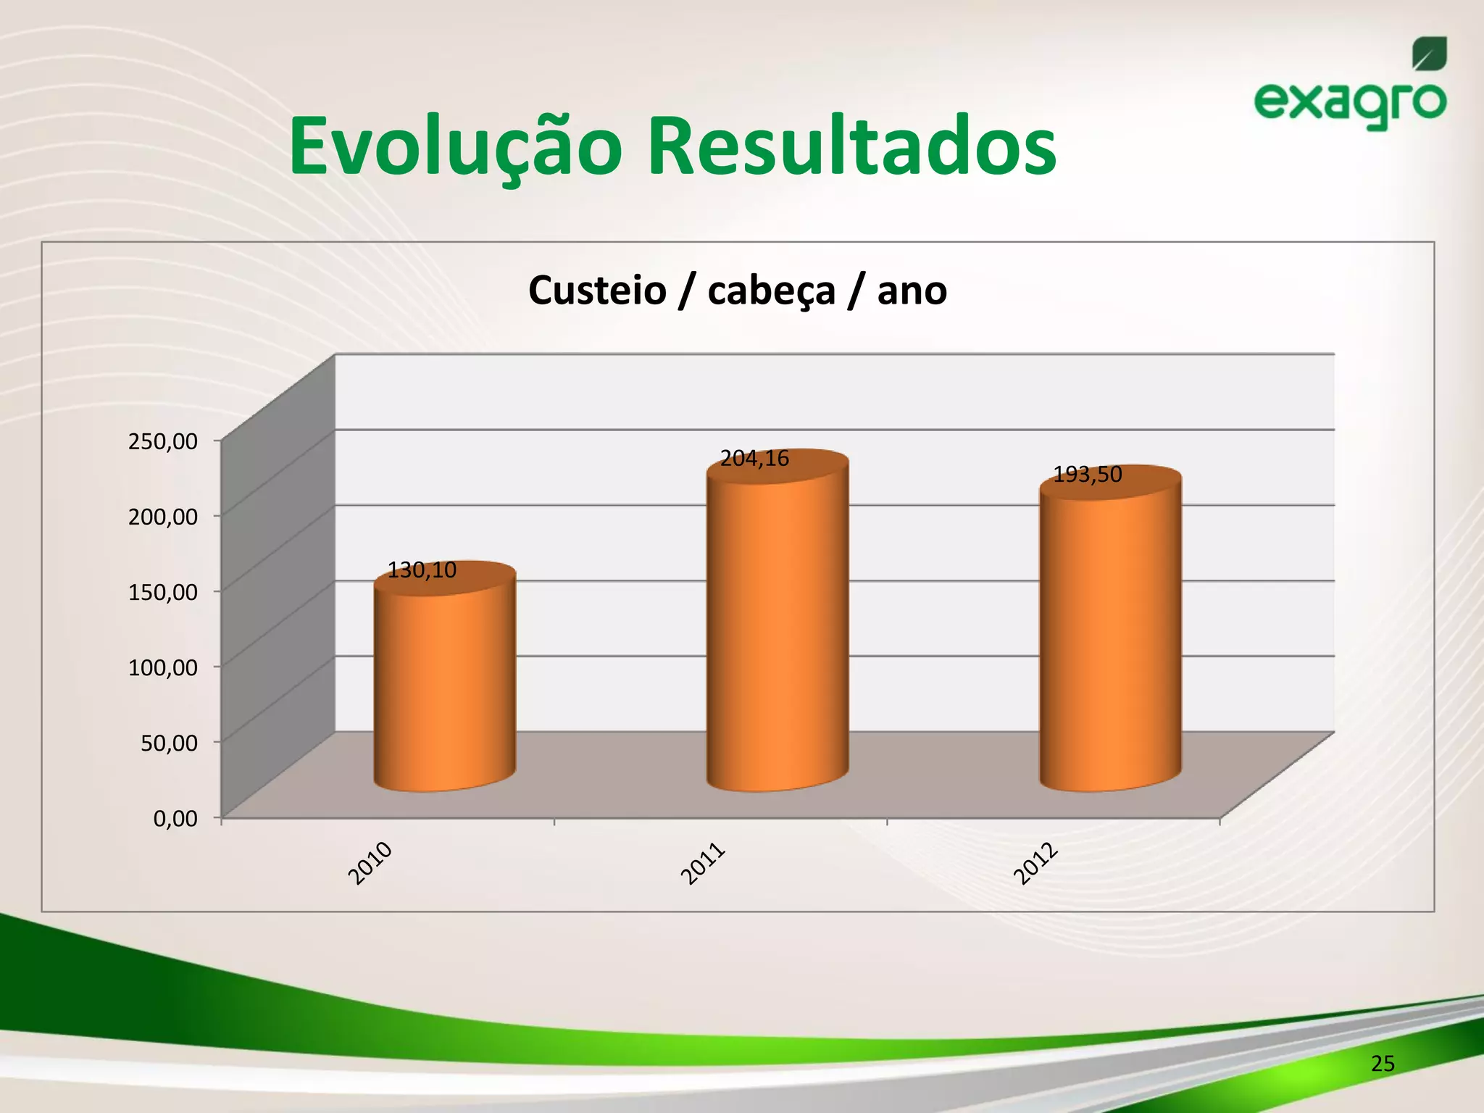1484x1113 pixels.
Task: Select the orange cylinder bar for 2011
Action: tap(778, 630)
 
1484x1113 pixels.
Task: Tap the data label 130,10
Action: tap(422, 570)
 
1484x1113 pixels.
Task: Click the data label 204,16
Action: tap(754, 459)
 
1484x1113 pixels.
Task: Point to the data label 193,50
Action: tap(1087, 475)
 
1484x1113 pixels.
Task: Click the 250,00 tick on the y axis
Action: tap(163, 441)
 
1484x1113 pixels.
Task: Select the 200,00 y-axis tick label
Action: tap(163, 517)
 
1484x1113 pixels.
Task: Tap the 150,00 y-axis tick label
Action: tap(163, 592)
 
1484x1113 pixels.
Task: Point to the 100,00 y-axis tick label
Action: tap(163, 667)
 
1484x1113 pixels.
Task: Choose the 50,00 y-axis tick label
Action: tap(169, 743)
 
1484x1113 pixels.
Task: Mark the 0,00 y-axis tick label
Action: tap(175, 819)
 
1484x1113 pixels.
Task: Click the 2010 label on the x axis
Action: tap(370, 863)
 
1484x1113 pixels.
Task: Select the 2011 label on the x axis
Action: tap(703, 863)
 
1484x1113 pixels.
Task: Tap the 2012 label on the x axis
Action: tap(1036, 864)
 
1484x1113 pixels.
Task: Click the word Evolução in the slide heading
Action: tap(455, 147)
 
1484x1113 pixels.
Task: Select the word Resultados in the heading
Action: tap(851, 147)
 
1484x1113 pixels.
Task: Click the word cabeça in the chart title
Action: tap(771, 291)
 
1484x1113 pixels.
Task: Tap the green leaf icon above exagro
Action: tap(1429, 54)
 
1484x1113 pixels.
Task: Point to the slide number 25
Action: tap(1383, 1064)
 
